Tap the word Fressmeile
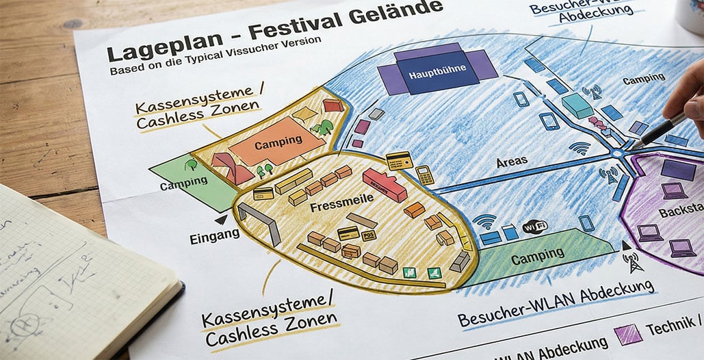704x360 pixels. (333, 205)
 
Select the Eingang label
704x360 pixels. (215, 234)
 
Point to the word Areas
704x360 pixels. (512, 161)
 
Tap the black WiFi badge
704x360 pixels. (535, 227)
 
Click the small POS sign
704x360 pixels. (369, 235)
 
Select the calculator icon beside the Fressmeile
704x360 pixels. (424, 175)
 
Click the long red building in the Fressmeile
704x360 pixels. (384, 185)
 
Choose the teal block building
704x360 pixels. (577, 106)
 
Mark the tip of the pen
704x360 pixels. (634, 146)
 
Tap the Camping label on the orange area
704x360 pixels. (278, 142)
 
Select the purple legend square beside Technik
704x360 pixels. (628, 333)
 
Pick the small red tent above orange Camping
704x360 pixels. (333, 105)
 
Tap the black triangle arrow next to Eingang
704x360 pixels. (220, 220)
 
